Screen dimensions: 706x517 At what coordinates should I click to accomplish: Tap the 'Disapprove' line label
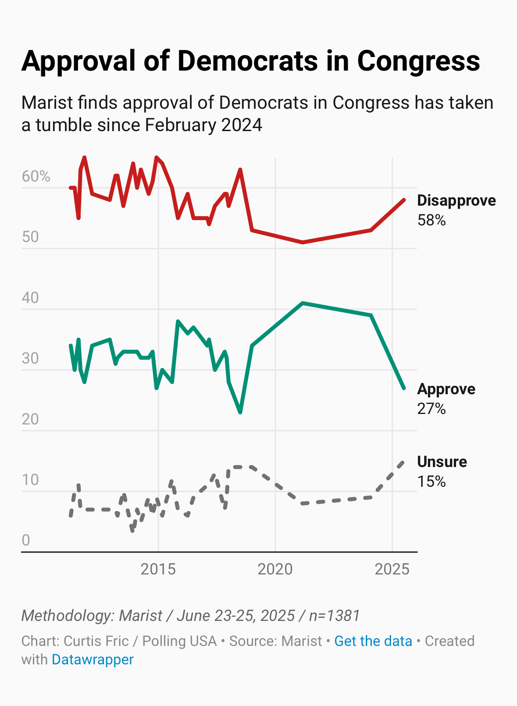(456, 200)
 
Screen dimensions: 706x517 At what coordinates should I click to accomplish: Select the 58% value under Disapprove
(431, 220)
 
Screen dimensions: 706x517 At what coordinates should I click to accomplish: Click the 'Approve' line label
(446, 389)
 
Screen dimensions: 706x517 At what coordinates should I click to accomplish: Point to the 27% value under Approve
(431, 409)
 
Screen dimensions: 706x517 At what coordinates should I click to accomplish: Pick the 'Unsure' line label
(442, 462)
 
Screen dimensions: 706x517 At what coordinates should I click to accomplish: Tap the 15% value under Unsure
(431, 481)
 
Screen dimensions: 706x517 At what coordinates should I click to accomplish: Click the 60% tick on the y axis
(36, 176)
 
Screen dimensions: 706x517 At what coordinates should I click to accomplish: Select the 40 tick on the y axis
(30, 298)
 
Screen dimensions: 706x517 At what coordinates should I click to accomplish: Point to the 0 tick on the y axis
(26, 540)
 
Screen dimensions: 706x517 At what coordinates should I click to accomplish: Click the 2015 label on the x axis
(158, 569)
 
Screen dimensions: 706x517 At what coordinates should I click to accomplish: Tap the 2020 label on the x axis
(275, 569)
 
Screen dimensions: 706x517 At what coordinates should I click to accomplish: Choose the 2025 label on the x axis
(392, 569)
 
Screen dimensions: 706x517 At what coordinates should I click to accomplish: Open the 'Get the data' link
(373, 641)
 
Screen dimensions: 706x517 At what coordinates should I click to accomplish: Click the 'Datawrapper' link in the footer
(93, 660)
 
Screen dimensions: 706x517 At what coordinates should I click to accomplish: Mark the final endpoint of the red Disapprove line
(404, 200)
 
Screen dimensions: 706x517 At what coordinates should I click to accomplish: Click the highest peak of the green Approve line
(303, 303)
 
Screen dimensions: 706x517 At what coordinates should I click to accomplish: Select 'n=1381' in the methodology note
(334, 616)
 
